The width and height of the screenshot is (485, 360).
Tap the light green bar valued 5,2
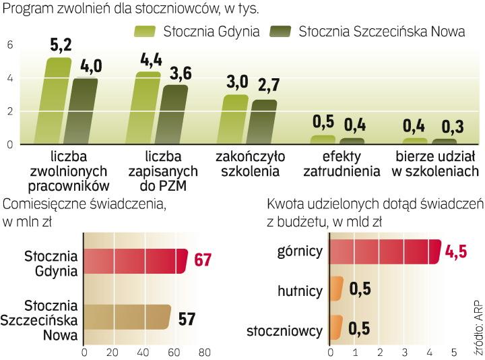(x=59, y=101)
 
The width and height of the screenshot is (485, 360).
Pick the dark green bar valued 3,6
(x=174, y=114)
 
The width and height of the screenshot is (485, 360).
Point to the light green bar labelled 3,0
(x=236, y=119)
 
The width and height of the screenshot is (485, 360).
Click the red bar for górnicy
(x=384, y=251)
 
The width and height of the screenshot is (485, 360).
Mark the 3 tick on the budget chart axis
(x=404, y=352)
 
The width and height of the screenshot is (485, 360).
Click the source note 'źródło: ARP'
(x=478, y=318)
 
